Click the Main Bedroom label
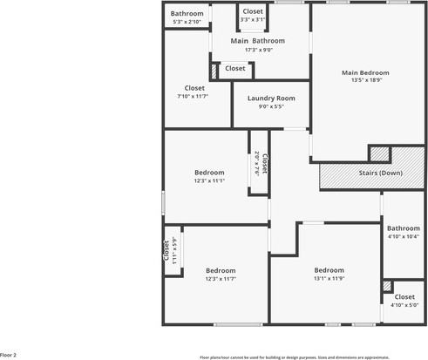point(365,73)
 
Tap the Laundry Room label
point(271,98)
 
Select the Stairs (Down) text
point(381,173)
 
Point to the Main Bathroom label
point(257,41)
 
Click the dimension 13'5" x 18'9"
point(365,81)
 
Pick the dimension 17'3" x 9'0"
point(257,50)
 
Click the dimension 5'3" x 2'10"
point(187,21)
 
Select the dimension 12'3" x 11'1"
point(209,180)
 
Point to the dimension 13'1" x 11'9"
point(329,278)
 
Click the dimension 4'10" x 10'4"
point(403,236)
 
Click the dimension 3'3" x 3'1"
point(253,18)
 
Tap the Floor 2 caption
point(9,355)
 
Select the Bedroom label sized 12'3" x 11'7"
point(221,270)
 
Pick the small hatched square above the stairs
point(378,153)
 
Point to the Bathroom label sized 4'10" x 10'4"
point(403,228)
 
